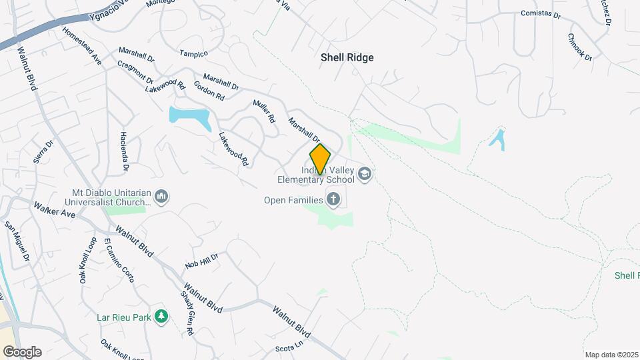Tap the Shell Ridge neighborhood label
347,57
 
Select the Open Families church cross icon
333,199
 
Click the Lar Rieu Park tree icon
160,315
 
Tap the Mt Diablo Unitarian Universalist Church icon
161,197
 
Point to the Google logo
22,352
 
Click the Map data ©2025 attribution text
611,355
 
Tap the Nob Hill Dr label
202,260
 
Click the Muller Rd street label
264,111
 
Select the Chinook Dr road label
580,47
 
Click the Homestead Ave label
82,45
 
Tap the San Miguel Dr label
17,242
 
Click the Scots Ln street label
289,348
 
